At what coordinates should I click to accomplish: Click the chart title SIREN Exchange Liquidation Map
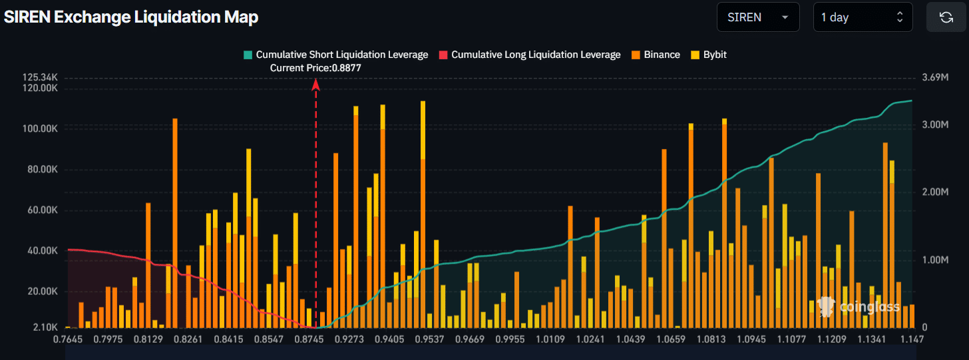tap(131, 17)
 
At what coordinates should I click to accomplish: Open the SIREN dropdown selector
tap(757, 17)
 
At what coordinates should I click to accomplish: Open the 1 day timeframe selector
tap(863, 17)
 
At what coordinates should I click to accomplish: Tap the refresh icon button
tap(946, 17)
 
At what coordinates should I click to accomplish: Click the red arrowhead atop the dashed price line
tap(316, 84)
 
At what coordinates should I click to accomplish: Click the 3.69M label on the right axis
tap(934, 78)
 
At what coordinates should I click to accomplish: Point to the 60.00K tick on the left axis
tap(40, 210)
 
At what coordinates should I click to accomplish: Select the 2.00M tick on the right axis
tap(934, 192)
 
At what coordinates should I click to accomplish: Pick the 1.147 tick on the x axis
tap(911, 339)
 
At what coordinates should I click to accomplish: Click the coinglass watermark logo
tap(859, 306)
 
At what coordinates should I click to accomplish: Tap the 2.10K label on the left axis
tap(45, 327)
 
